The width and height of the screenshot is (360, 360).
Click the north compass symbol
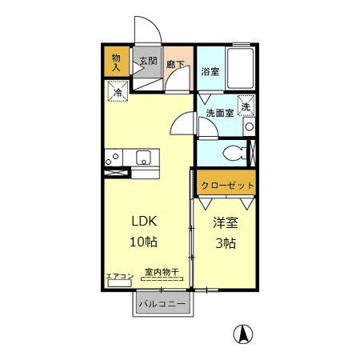pyautogui.click(x=239, y=334)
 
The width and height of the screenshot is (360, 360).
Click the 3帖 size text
pyautogui.click(x=225, y=243)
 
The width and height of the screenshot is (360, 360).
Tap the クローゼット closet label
pyautogui.click(x=227, y=185)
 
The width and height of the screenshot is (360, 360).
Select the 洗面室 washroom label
pyautogui.click(x=219, y=113)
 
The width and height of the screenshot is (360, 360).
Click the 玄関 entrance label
pyautogui.click(x=147, y=61)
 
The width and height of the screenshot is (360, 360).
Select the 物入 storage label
pyautogui.click(x=115, y=62)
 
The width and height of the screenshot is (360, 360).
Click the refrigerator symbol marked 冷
pyautogui.click(x=117, y=93)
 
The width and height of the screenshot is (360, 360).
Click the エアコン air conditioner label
pyautogui.click(x=119, y=276)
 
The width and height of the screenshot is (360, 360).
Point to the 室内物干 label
pyautogui.click(x=162, y=273)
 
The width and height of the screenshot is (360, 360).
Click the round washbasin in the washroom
pyautogui.click(x=249, y=126)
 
